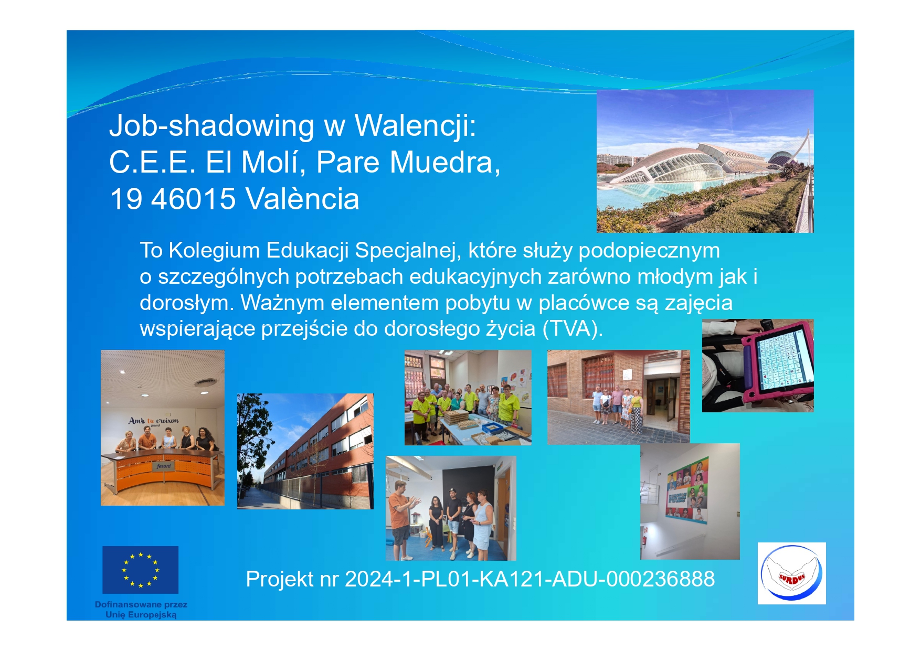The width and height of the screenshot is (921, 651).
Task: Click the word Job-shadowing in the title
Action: coord(211,126)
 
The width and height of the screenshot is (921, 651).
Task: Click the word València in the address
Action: coord(303,199)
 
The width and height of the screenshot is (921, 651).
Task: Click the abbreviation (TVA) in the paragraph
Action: coord(573,329)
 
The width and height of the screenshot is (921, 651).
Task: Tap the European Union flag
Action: coord(140,570)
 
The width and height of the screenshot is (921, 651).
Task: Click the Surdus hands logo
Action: coord(791,573)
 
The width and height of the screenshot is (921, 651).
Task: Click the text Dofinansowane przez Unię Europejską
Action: coord(141,610)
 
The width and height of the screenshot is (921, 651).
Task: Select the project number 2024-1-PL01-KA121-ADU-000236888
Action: coord(530,579)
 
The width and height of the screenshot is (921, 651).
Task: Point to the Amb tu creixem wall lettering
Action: coord(154,421)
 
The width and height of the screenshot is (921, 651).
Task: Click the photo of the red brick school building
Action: coord(305,451)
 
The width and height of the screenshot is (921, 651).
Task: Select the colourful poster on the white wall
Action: coord(687,490)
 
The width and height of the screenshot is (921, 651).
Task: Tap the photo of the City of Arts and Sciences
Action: coord(705,161)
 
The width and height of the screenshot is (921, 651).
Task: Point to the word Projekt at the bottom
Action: coord(280,580)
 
